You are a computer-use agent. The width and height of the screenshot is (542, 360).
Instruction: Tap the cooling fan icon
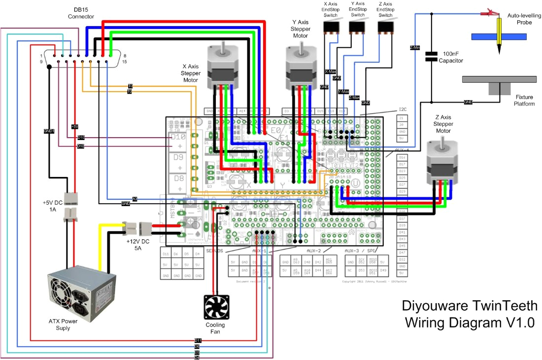pos(217,307)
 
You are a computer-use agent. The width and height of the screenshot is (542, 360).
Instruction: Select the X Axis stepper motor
pos(222,64)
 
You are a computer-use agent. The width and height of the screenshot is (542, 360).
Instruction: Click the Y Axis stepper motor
pos(301,64)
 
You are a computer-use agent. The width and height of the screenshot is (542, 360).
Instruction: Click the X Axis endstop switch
pos(331,27)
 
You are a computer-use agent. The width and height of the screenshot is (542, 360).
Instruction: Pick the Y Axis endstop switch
pos(358,27)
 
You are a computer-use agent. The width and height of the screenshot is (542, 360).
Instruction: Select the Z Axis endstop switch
pos(385,27)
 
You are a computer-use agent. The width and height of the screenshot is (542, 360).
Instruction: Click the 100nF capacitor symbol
pos(432,57)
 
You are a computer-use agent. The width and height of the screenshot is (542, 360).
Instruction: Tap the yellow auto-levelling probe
pos(499,37)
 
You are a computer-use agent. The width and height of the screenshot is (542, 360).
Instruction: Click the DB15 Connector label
pos(81,13)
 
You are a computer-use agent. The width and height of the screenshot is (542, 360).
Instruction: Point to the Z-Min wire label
pos(414,48)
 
